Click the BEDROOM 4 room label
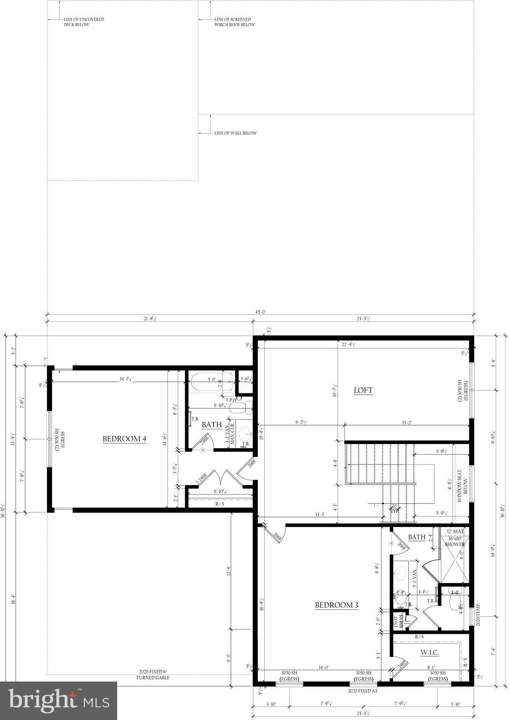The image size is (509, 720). [x=124, y=439]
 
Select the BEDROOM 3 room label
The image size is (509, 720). [x=336, y=605]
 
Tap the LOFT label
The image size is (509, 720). [x=363, y=390]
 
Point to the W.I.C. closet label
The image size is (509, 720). [x=429, y=652]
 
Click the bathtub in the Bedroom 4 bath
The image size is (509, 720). [x=212, y=382]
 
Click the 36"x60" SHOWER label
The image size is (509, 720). [x=455, y=541]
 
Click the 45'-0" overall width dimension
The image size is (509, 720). [x=260, y=312]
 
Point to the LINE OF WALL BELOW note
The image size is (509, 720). [x=235, y=133]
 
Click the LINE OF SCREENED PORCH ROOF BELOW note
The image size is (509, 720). [x=234, y=22]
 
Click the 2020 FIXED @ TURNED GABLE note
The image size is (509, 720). [x=152, y=675]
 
